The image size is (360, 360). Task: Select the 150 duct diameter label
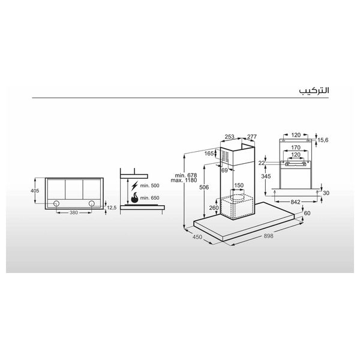(x=239, y=186)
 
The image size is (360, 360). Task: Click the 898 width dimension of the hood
(x=269, y=236)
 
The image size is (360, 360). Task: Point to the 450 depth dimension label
(x=197, y=236)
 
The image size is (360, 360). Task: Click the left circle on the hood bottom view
(x=57, y=203)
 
